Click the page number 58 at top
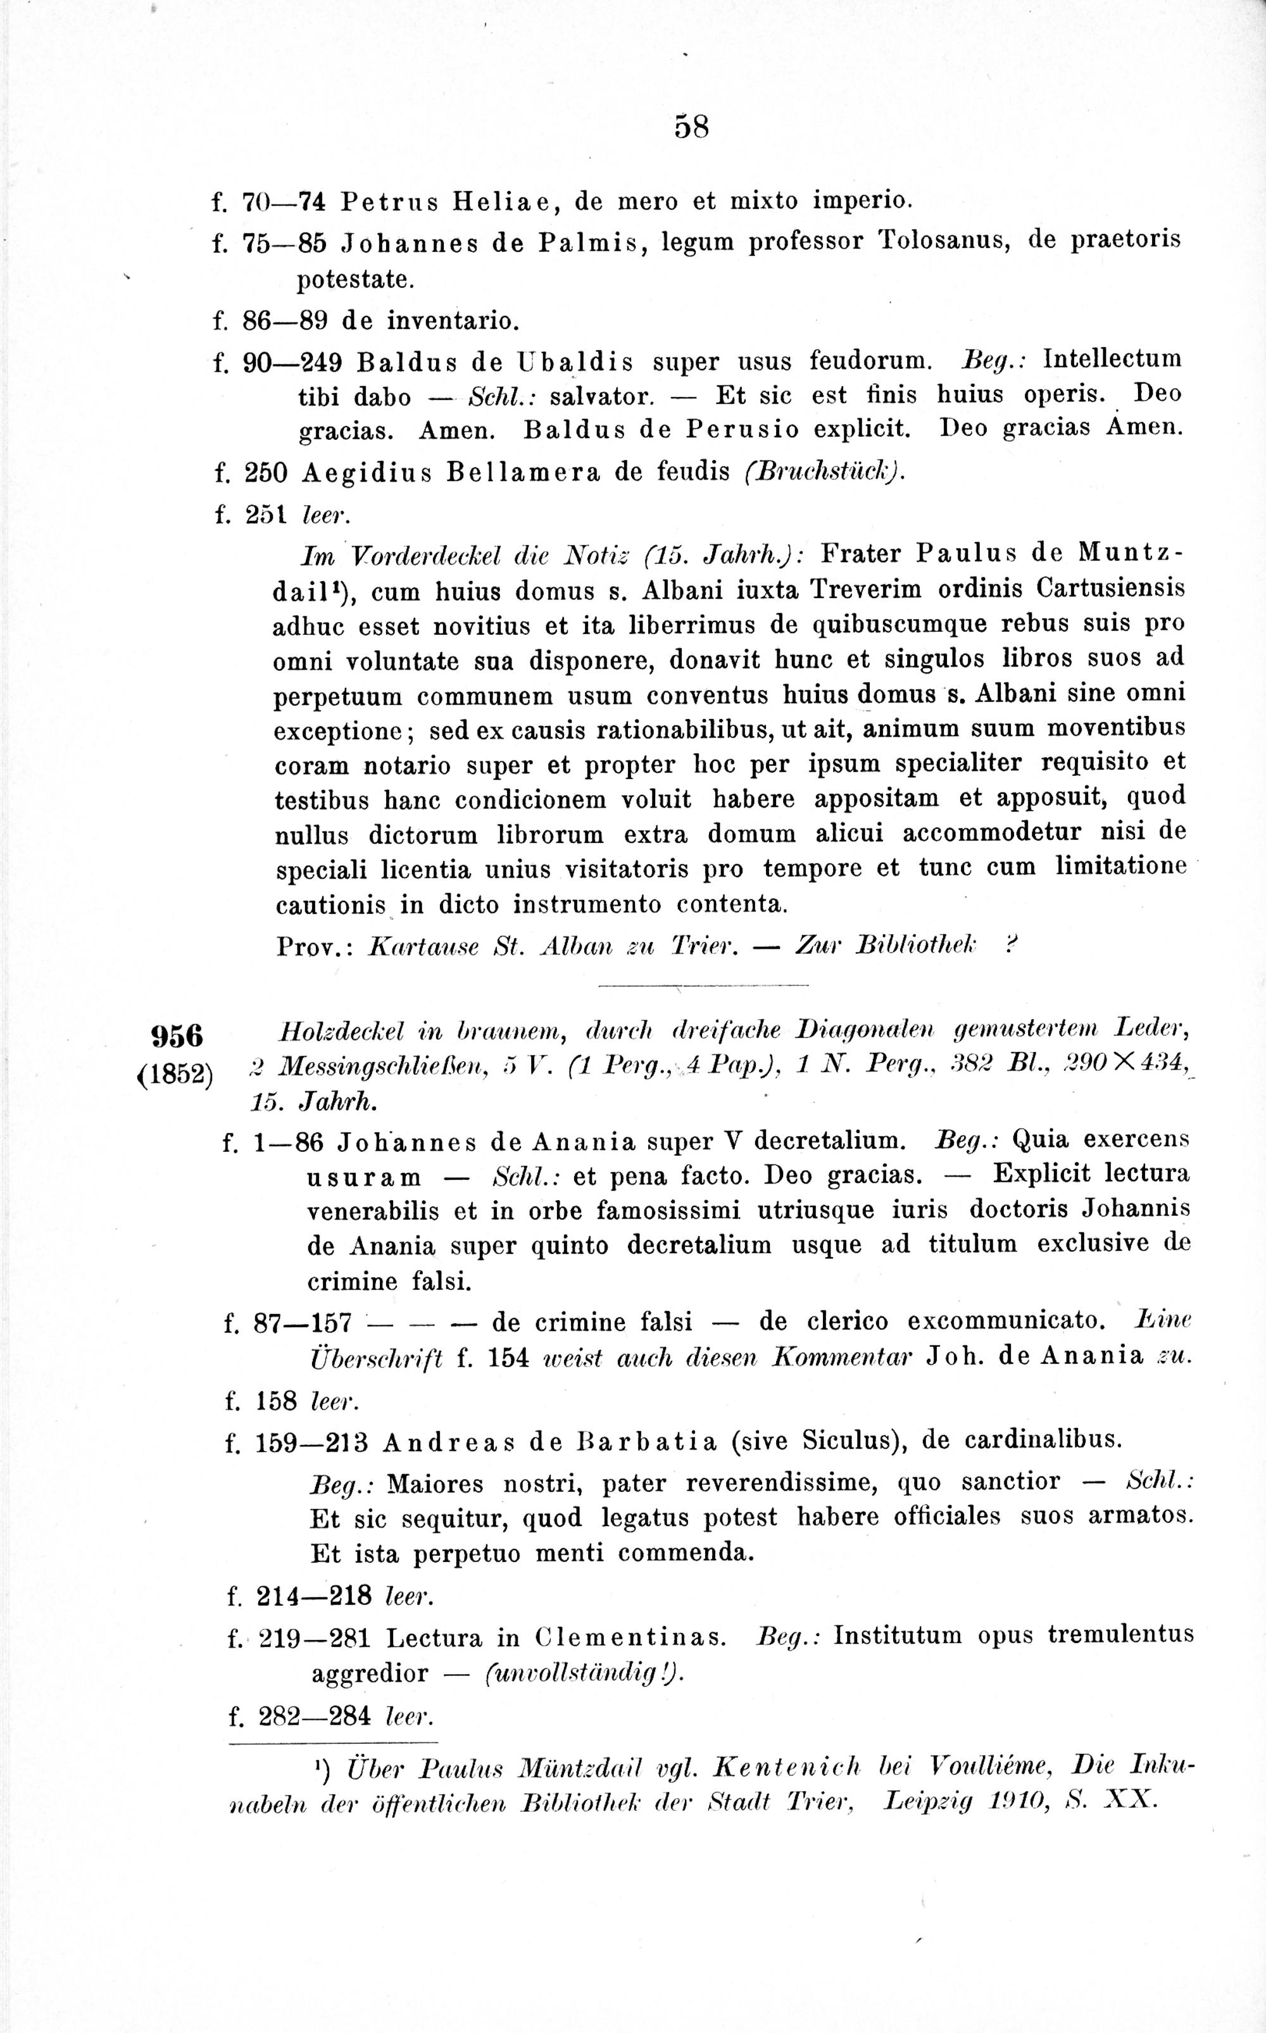692,127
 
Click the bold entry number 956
177,1036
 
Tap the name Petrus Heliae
451,201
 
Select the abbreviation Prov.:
312,947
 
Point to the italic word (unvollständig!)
584,1673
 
